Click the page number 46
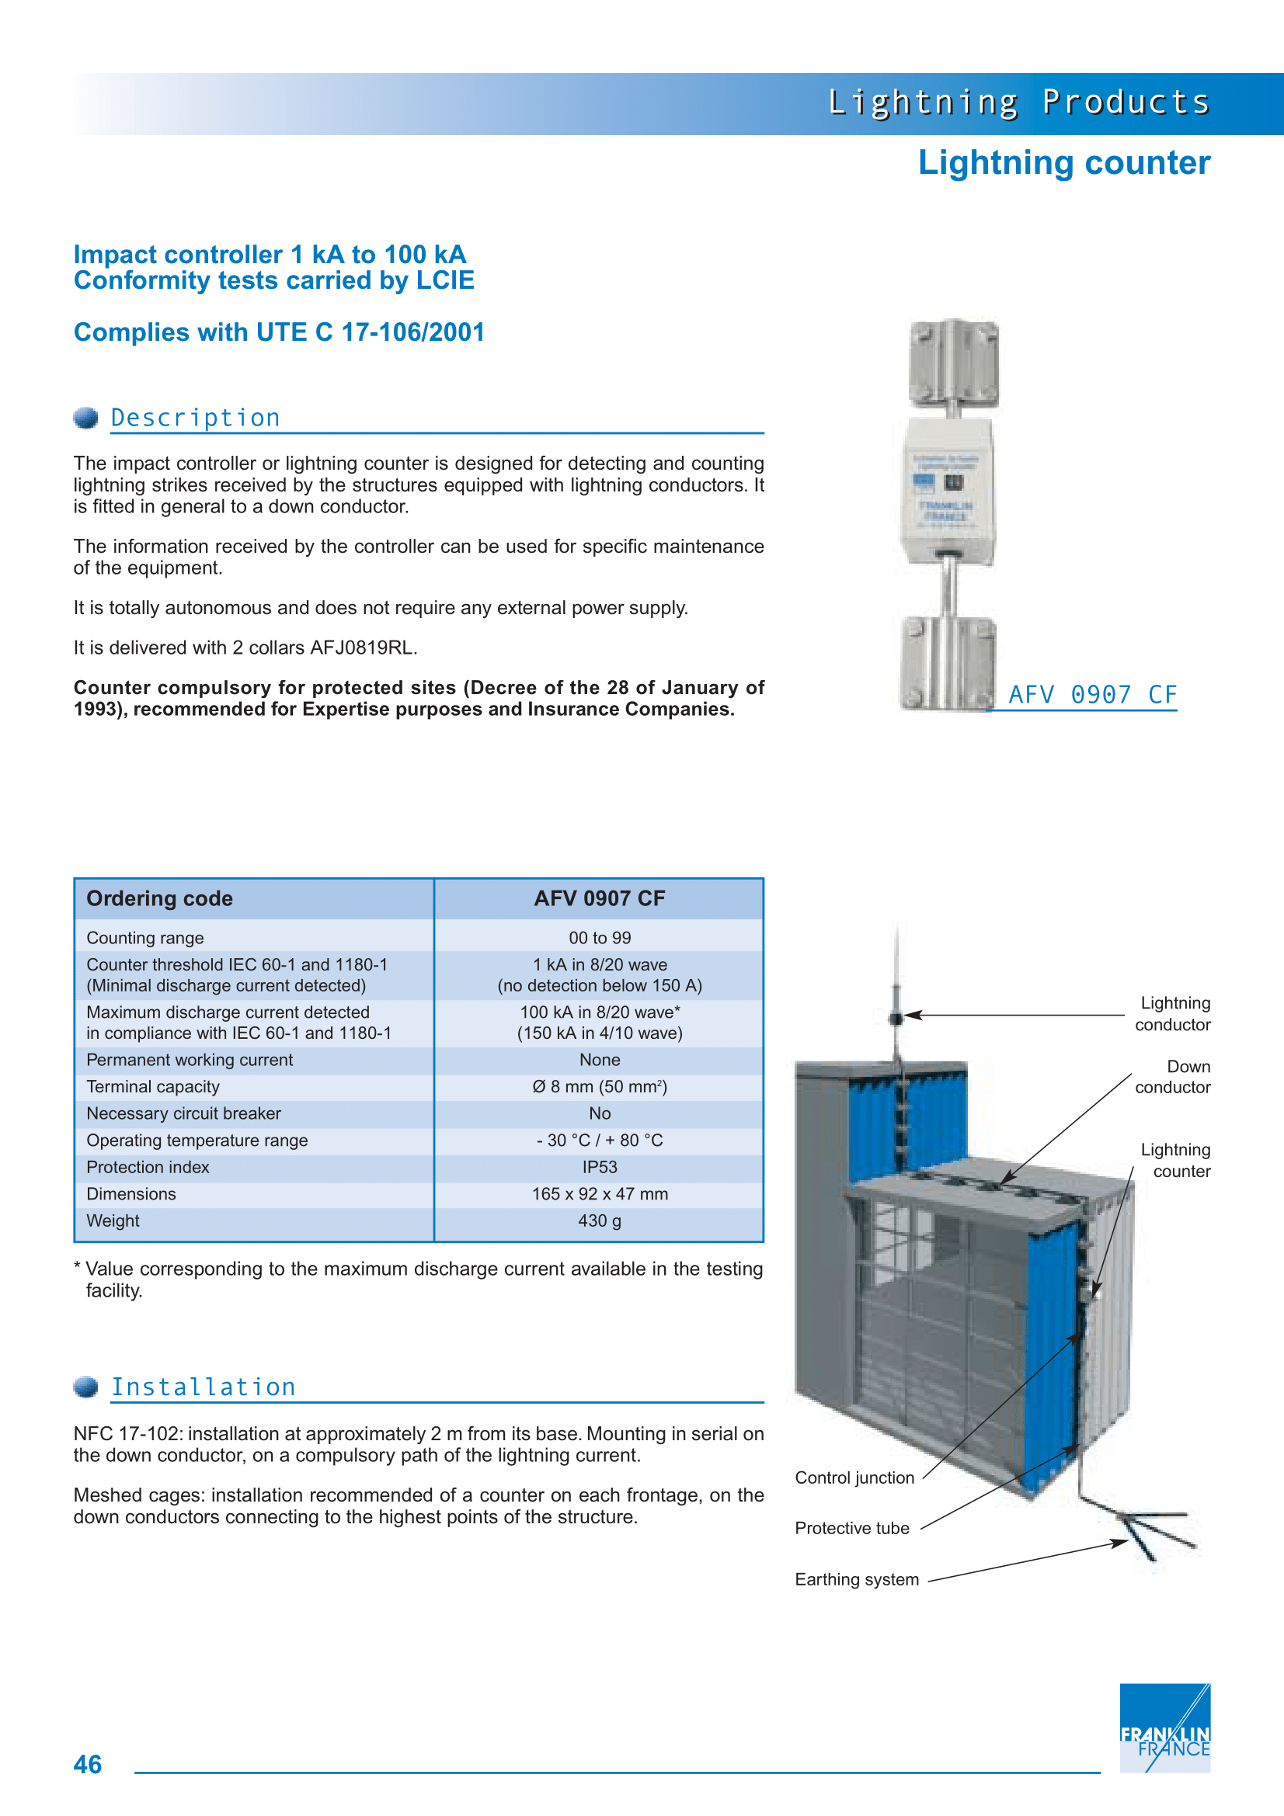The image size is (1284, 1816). [88, 1764]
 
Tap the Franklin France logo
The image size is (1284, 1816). [1164, 1727]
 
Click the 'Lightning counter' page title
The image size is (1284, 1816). [1063, 163]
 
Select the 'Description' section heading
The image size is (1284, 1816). [196, 418]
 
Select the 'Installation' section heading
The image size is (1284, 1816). [204, 1387]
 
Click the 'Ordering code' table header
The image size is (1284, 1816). [160, 898]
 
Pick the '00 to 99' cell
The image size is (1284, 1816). [600, 938]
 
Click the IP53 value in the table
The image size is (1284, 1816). [600, 1168]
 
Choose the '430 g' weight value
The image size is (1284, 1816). [600, 1221]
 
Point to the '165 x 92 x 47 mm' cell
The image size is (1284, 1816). [600, 1194]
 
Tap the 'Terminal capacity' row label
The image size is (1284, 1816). [153, 1087]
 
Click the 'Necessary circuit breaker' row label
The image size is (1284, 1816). [183, 1113]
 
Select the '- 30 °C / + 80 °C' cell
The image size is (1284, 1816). [600, 1141]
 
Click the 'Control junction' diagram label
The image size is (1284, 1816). [854, 1477]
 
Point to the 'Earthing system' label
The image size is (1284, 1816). [857, 1579]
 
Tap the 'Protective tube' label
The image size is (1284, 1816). [852, 1528]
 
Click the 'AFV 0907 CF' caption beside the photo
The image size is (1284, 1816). [1093, 694]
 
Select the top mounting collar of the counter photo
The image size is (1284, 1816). [953, 363]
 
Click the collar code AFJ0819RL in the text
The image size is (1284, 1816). [361, 648]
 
